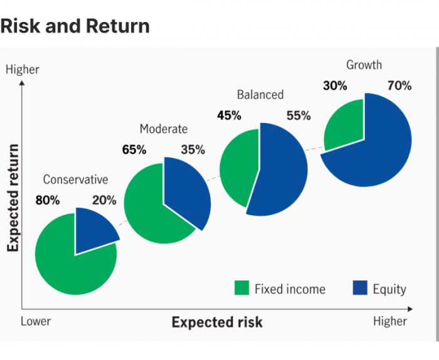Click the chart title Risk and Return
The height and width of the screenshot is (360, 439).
[75, 26]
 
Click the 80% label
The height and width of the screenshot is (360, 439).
[48, 201]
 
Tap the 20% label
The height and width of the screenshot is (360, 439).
[104, 201]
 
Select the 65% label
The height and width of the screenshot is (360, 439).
[134, 150]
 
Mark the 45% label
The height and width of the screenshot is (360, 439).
[229, 115]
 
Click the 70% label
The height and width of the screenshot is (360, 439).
[399, 86]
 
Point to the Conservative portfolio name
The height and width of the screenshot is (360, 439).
[75, 179]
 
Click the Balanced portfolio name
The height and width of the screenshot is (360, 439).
[260, 95]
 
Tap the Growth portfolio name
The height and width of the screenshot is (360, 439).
[364, 65]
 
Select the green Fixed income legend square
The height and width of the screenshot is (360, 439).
[241, 288]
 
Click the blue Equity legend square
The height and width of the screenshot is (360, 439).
[359, 288]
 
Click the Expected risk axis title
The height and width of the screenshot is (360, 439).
[217, 322]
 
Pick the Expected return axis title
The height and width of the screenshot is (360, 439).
[13, 198]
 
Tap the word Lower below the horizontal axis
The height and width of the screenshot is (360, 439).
[36, 321]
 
